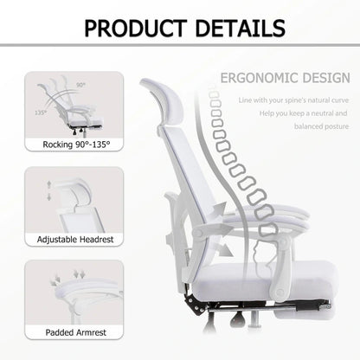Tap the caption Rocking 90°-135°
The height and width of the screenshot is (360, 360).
coord(68,143)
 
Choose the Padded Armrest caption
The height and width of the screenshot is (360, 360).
coord(68,331)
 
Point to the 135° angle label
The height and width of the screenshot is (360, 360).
coord(41,112)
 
